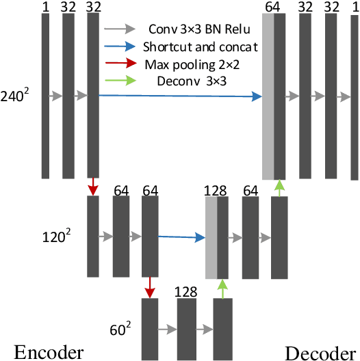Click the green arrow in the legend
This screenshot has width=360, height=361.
pyautogui.click(x=119, y=82)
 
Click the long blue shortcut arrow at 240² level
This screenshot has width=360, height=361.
pyautogui.click(x=181, y=97)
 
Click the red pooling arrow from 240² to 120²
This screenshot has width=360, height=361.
pyautogui.click(x=93, y=187)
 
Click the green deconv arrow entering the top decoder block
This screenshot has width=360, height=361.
pyautogui.click(x=279, y=187)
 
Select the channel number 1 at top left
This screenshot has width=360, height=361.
pyautogui.click(x=46, y=6)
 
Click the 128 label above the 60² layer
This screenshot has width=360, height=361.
pyautogui.click(x=186, y=292)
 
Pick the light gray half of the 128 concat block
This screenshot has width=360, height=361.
pyautogui.click(x=211, y=236)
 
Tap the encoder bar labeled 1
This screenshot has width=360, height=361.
pyautogui.click(x=46, y=96)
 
